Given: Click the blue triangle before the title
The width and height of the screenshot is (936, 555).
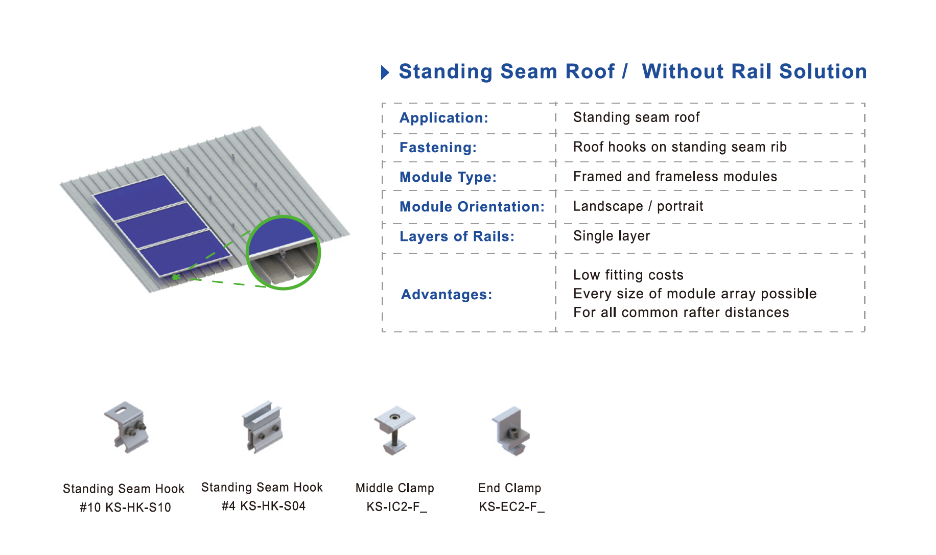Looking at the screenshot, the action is [x=385, y=73].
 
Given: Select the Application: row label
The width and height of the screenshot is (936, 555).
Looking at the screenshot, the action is [x=444, y=118].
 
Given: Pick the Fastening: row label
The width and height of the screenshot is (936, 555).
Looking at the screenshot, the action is [x=438, y=148].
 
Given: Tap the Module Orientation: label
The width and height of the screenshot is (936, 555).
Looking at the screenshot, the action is [x=472, y=207].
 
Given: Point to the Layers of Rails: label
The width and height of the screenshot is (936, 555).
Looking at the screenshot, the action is [x=457, y=236].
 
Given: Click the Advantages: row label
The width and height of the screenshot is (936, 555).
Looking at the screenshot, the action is [x=447, y=295].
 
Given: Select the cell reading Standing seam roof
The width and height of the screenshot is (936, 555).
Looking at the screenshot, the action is [x=636, y=117].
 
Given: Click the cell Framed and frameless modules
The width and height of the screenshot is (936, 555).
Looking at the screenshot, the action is [x=675, y=177].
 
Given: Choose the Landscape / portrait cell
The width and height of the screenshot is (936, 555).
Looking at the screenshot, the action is [x=638, y=206].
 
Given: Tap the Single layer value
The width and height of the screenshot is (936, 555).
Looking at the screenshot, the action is [x=612, y=236].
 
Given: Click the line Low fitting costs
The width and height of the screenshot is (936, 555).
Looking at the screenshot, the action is [x=628, y=275].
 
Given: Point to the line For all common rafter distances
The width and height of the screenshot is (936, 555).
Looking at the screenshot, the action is [x=681, y=312].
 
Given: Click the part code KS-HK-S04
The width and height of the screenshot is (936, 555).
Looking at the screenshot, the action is [x=273, y=506].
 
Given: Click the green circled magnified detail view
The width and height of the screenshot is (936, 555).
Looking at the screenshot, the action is [x=284, y=253].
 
